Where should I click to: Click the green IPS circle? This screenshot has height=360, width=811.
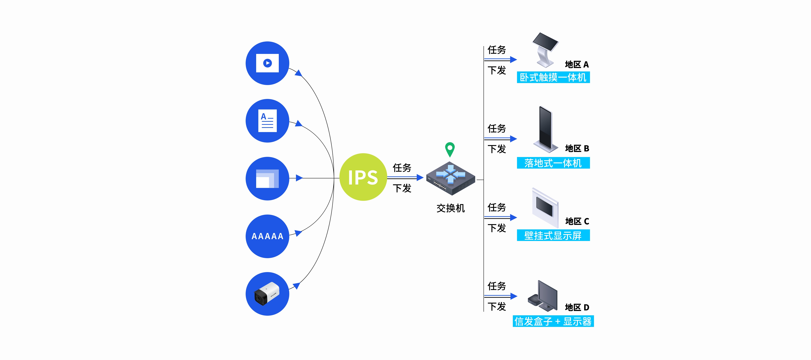[363, 177]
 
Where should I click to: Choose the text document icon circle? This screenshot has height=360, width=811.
[267, 121]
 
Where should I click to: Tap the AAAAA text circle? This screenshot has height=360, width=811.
[267, 236]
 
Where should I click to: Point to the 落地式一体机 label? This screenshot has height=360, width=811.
[553, 163]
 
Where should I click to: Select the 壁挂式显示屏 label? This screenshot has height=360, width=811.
[553, 235]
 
